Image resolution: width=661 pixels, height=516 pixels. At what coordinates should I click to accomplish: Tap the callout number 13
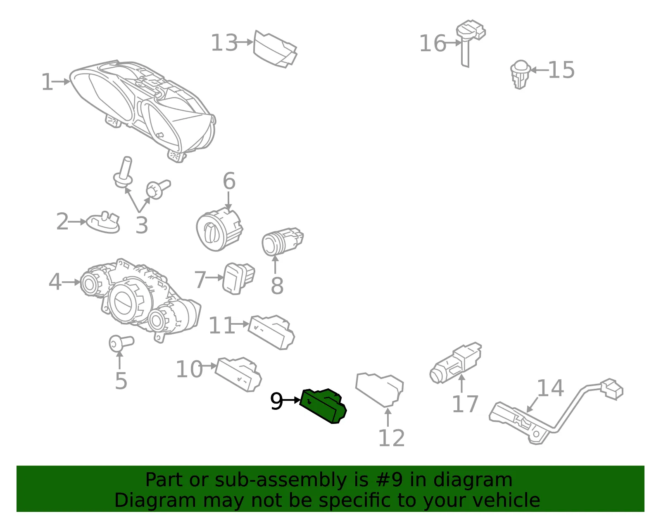(224, 43)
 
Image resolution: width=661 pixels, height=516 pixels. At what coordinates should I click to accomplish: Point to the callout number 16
(433, 43)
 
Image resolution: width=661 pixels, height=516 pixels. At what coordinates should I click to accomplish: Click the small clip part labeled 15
(520, 74)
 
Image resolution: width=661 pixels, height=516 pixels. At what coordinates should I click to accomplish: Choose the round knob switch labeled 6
(219, 228)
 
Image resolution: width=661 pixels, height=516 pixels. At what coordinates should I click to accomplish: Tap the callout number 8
(277, 286)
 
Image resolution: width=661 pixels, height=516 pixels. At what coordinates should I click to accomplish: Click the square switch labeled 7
(238, 278)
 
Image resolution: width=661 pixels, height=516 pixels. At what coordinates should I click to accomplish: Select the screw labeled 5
(121, 343)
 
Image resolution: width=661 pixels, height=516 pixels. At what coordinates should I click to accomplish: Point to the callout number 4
(55, 282)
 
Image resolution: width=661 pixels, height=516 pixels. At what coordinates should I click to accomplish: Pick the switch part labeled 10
(238, 374)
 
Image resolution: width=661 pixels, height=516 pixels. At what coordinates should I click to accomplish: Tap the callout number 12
(392, 438)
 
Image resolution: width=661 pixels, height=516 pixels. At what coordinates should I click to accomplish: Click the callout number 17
(465, 404)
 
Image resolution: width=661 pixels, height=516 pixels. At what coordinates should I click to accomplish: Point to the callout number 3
(142, 225)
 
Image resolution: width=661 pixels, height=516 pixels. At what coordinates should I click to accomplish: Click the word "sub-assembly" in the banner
(281, 480)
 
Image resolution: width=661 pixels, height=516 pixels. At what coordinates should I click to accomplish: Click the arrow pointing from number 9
(292, 400)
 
